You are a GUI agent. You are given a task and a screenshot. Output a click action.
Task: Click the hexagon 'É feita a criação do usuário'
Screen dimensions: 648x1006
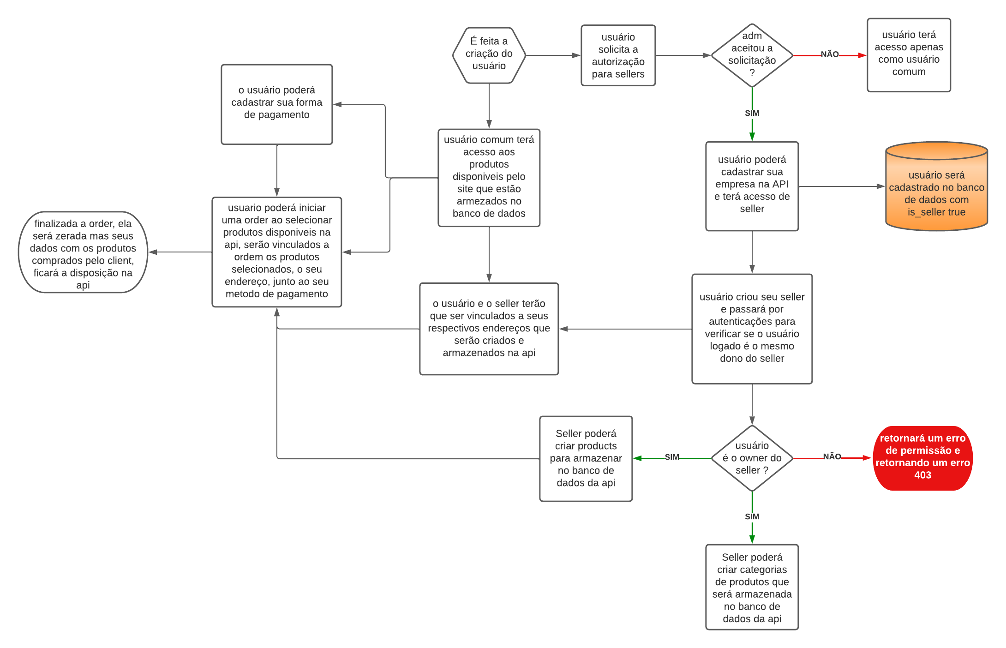click(x=489, y=55)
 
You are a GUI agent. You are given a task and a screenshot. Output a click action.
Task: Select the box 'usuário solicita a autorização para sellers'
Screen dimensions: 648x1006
click(x=618, y=55)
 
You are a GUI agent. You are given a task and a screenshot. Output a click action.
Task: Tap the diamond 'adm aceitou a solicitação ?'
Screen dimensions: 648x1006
click(x=752, y=55)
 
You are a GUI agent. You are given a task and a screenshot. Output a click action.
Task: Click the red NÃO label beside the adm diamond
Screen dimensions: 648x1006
click(x=829, y=54)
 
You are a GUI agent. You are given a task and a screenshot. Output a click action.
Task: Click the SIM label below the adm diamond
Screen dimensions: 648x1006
click(x=752, y=113)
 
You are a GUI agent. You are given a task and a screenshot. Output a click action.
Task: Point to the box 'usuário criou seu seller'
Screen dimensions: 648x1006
click(x=752, y=329)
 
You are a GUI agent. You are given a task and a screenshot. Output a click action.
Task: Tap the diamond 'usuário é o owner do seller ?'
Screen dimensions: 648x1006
click(x=752, y=458)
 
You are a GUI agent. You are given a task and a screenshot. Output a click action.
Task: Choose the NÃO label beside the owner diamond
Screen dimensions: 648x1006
click(x=832, y=456)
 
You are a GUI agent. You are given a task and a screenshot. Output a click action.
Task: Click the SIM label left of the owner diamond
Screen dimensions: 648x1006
click(x=672, y=457)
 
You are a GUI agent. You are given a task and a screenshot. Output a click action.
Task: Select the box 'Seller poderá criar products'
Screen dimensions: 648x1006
click(x=586, y=458)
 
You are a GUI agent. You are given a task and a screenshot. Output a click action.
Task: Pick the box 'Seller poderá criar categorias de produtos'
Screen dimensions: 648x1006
click(x=752, y=587)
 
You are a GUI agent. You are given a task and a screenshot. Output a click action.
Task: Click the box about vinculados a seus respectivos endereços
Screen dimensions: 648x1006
click(x=489, y=329)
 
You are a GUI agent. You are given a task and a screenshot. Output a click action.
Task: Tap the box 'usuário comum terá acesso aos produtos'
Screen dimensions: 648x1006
click(x=489, y=178)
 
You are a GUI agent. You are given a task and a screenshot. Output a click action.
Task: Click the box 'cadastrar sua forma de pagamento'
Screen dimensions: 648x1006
click(x=276, y=104)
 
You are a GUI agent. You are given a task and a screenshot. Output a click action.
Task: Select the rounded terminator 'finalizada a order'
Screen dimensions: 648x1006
click(x=83, y=252)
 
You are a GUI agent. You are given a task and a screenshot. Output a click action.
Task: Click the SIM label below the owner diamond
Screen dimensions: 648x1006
click(x=752, y=516)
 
